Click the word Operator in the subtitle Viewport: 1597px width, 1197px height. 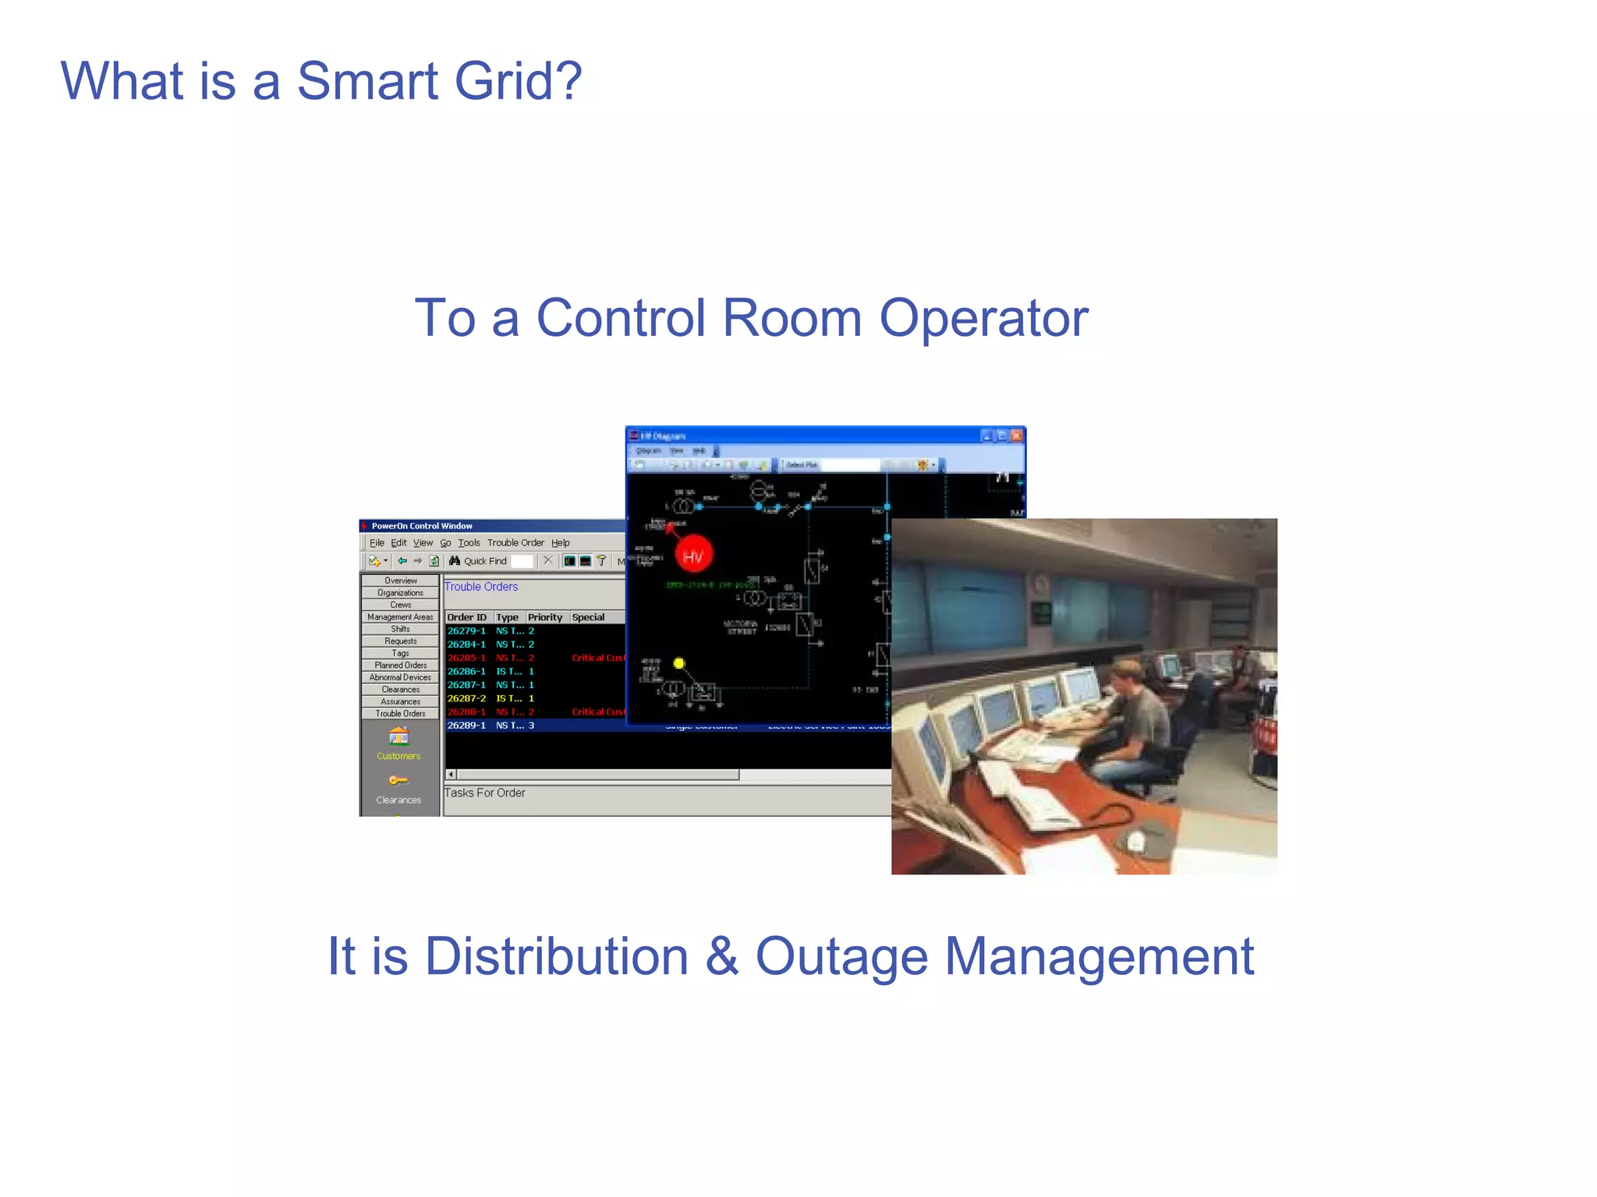(983, 318)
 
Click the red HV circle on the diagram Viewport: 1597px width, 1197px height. (692, 556)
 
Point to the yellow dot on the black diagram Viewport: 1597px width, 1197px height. (679, 663)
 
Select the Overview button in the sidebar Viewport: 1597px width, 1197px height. (400, 581)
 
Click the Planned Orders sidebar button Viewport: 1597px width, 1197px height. (400, 666)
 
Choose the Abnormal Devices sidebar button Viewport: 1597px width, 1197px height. (400, 677)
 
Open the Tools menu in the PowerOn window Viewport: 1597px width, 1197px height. (469, 543)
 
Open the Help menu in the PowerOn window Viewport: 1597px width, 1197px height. (560, 543)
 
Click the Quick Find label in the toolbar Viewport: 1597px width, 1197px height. (484, 561)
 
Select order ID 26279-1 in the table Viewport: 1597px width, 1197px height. (466, 631)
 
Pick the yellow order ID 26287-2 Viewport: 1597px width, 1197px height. (466, 698)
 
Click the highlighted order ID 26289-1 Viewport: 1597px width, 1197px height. (466, 726)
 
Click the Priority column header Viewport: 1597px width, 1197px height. (544, 617)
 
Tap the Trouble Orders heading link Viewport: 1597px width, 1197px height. (480, 587)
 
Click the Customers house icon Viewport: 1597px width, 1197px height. (398, 736)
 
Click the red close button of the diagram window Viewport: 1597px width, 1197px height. (1016, 436)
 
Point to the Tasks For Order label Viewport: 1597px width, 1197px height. (484, 793)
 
